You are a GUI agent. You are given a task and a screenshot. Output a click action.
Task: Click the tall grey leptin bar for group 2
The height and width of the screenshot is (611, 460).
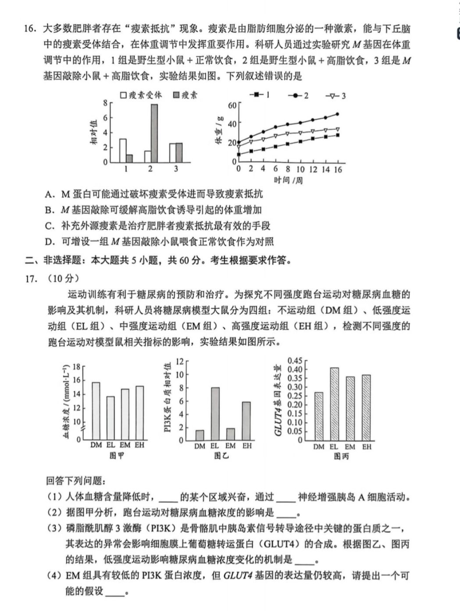click(x=154, y=133)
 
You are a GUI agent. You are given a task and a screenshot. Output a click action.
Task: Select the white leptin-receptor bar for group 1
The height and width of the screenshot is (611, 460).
click(x=123, y=151)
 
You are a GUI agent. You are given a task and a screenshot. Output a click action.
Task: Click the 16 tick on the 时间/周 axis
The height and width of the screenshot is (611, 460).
click(x=338, y=170)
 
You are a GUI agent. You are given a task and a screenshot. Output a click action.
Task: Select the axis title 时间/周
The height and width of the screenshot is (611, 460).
click(x=288, y=180)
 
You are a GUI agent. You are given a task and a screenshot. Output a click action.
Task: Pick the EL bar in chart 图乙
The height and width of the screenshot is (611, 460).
click(x=215, y=414)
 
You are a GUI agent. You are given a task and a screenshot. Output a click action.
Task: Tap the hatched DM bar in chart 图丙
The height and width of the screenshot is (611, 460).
click(x=319, y=416)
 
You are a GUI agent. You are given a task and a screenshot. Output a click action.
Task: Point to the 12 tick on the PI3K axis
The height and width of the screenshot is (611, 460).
click(x=179, y=362)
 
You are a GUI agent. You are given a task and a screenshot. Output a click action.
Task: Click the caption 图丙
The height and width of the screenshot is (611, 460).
click(x=341, y=456)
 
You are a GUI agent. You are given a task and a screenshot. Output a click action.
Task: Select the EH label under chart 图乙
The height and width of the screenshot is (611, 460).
click(x=247, y=446)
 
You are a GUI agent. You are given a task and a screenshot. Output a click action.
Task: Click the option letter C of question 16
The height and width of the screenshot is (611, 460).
click(x=49, y=226)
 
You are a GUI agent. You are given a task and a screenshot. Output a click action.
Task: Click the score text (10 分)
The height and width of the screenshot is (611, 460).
click(x=64, y=278)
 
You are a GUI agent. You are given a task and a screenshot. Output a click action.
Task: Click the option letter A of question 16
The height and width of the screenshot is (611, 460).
click(x=49, y=194)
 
